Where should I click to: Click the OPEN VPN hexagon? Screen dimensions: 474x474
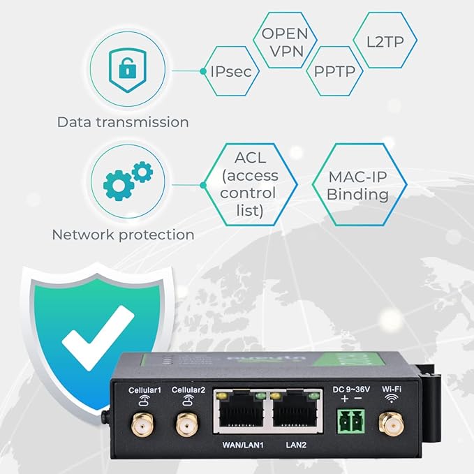pos(283,41)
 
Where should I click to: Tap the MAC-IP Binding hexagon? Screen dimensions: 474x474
pos(357,184)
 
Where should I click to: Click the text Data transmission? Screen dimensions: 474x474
pos(123,122)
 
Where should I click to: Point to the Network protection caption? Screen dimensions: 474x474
pos(123,235)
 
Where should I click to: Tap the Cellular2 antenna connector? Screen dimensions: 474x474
pos(186,423)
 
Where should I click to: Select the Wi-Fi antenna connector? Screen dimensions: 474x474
pos(387,422)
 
